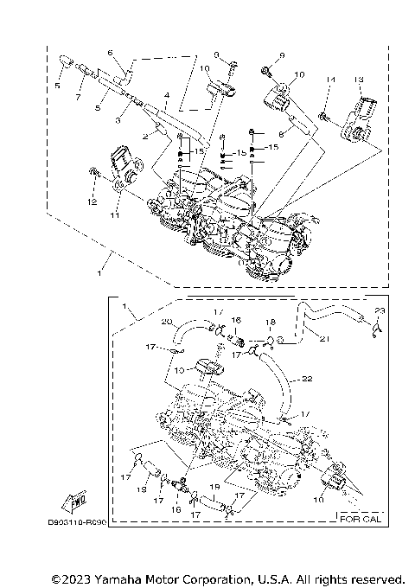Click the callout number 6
111,53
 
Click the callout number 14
329,80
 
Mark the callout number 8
281,134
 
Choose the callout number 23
380,310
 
